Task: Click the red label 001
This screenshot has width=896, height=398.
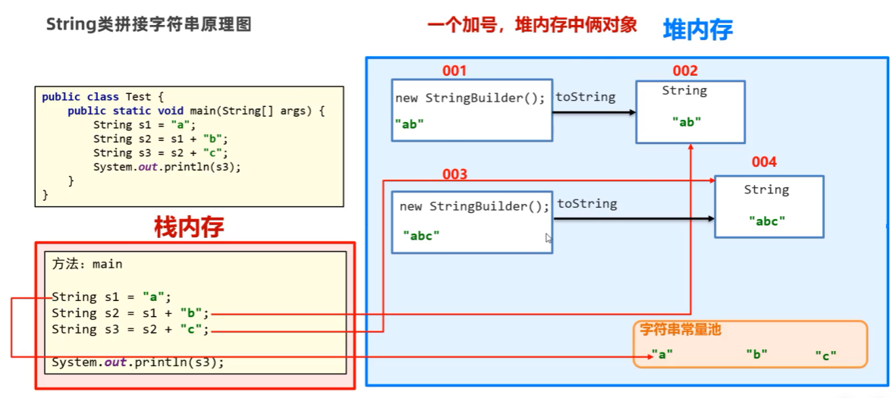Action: click(x=454, y=71)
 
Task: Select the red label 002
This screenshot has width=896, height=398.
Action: click(x=684, y=71)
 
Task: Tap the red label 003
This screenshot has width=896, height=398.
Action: click(x=454, y=175)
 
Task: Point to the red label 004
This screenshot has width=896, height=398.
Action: click(x=764, y=162)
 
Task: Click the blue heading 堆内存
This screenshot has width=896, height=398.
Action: click(x=697, y=30)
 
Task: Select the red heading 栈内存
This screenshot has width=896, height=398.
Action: click(x=189, y=227)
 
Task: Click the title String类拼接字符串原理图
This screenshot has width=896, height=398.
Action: click(x=149, y=24)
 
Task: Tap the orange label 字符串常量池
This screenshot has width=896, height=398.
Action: click(x=681, y=330)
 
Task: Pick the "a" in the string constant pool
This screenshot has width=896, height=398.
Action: click(x=662, y=354)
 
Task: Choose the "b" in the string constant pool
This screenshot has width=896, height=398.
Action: click(x=756, y=354)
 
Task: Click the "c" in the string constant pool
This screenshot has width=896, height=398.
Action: click(x=825, y=354)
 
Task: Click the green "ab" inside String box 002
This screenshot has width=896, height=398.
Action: click(x=687, y=121)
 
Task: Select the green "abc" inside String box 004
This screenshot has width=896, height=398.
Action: click(x=766, y=221)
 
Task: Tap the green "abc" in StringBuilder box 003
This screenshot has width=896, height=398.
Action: click(x=421, y=236)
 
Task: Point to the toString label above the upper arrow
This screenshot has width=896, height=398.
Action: click(x=586, y=97)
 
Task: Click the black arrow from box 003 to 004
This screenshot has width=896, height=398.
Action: click(x=633, y=218)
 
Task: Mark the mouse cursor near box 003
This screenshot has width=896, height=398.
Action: click(x=549, y=238)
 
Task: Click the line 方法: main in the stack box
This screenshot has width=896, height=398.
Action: click(x=87, y=265)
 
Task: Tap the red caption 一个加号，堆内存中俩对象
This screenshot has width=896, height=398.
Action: click(x=532, y=25)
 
